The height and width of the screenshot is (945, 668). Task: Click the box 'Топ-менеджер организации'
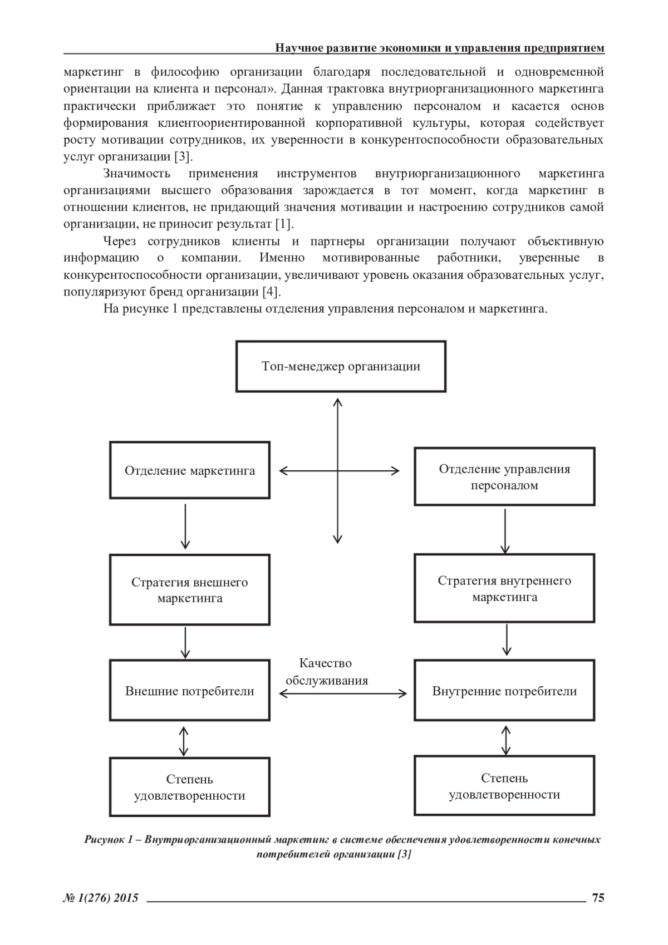tap(341, 366)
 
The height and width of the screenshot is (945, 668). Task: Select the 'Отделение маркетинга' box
tap(190, 470)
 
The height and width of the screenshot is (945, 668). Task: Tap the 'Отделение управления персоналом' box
tap(504, 476)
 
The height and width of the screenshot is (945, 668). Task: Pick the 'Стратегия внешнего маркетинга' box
tap(190, 589)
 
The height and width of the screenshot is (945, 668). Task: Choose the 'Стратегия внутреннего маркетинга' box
tap(504, 588)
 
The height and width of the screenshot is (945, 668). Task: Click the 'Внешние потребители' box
tap(190, 691)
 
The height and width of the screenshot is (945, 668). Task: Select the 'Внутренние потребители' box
tap(504, 691)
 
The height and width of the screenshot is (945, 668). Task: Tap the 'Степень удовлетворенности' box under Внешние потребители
tap(190, 787)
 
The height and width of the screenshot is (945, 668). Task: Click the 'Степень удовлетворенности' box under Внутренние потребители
tap(504, 786)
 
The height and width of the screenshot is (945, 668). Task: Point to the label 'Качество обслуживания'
tap(326, 672)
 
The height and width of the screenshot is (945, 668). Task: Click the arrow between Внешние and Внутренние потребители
tap(342, 693)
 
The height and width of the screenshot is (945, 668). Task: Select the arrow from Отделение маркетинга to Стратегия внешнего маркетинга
tap(185, 526)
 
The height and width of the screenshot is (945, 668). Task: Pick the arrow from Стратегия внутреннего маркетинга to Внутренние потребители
tap(506, 640)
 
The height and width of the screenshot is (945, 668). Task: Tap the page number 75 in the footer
tap(598, 897)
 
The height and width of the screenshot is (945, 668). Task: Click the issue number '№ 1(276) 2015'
tap(101, 897)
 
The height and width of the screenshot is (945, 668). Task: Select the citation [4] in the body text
tap(271, 292)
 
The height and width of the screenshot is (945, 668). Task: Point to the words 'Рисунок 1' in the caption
tap(107, 839)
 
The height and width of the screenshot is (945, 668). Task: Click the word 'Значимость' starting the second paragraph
tap(136, 174)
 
